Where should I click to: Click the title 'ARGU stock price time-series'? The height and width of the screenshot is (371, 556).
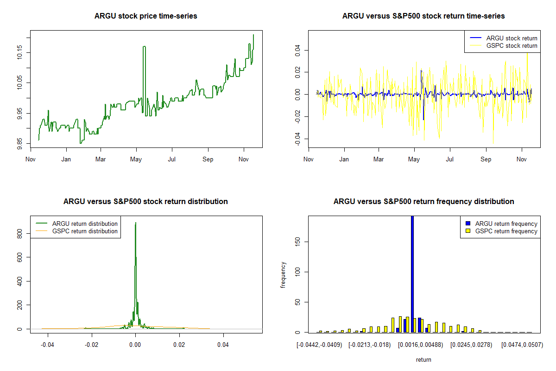tap(145, 16)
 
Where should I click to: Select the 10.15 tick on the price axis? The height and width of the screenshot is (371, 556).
tap(19, 52)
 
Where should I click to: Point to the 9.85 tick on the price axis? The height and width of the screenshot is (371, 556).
tap(19, 143)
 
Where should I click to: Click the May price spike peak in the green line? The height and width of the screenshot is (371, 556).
tap(144, 47)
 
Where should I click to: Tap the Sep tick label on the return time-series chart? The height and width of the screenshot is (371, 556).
tap(486, 160)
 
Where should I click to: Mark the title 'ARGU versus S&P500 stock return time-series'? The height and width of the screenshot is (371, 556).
tap(423, 16)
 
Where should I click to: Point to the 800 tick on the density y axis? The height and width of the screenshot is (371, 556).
tap(19, 235)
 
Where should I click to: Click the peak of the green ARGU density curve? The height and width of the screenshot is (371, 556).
tap(135, 223)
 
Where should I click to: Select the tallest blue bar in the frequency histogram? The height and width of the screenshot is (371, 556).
tap(412, 274)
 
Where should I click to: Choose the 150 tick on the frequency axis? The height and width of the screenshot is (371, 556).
tap(297, 241)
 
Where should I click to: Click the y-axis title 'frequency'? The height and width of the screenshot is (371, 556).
tap(283, 275)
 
